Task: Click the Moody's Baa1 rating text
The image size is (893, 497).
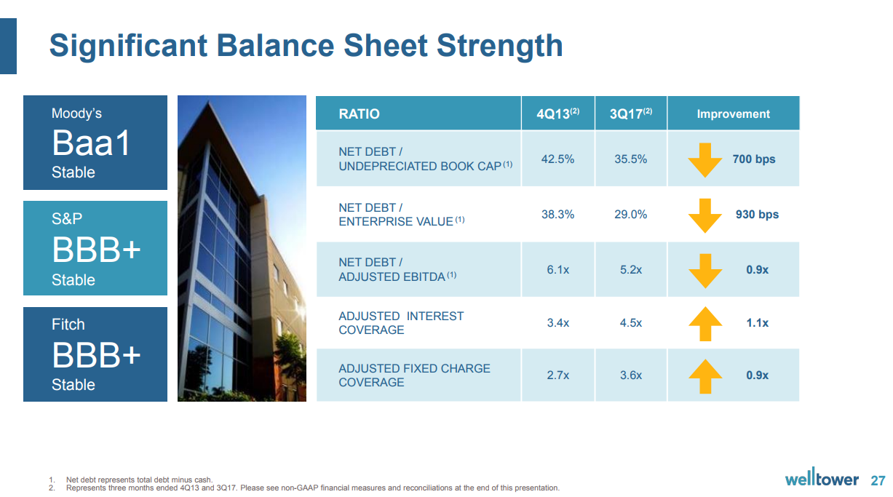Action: click(x=91, y=143)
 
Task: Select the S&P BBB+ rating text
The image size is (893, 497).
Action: click(x=96, y=250)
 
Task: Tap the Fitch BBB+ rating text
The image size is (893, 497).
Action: click(x=96, y=356)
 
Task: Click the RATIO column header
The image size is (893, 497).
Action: click(x=359, y=114)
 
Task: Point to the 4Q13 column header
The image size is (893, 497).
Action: click(x=557, y=114)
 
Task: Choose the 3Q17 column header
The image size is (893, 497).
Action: click(x=630, y=114)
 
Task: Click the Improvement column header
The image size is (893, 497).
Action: click(x=733, y=114)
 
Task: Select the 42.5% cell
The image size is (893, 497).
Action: click(x=557, y=159)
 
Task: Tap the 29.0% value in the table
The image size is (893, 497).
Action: click(x=630, y=215)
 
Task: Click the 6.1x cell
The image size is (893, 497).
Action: click(x=557, y=270)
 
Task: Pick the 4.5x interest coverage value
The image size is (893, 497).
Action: click(x=630, y=323)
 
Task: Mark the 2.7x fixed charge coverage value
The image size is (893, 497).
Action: click(x=557, y=375)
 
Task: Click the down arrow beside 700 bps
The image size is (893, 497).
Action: click(x=705, y=160)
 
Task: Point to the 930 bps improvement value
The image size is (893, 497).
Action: click(x=757, y=215)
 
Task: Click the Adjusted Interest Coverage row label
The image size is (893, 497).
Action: click(x=401, y=323)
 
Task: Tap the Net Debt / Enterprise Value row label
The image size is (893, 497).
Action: click(x=401, y=215)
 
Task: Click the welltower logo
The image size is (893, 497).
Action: click(x=822, y=480)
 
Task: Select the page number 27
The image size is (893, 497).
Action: click(x=878, y=480)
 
